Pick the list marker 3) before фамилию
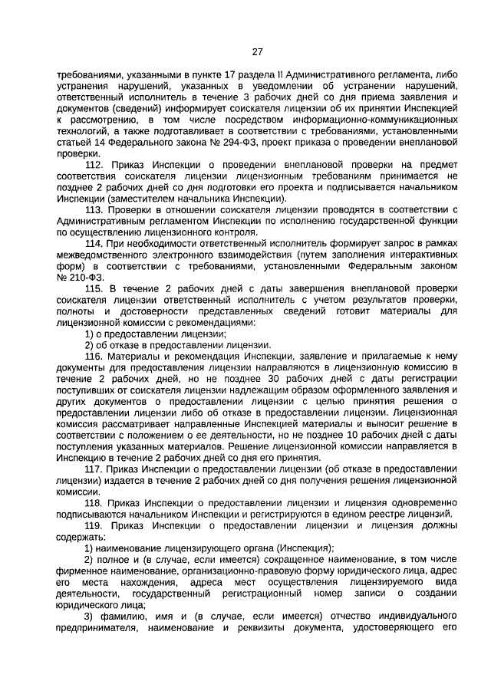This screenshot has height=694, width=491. tap(88, 617)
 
